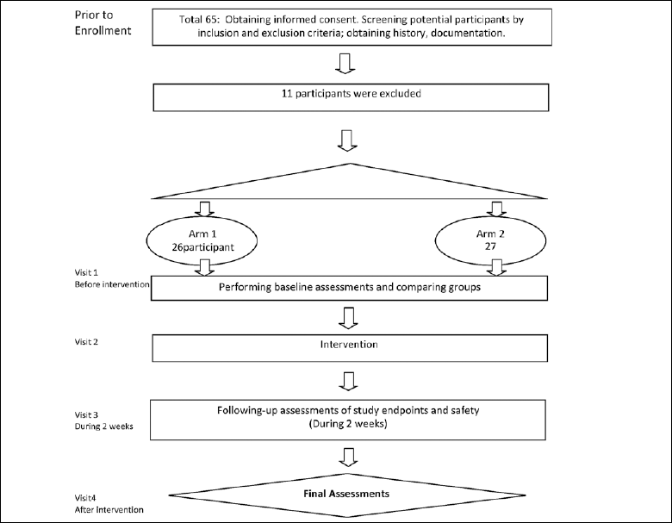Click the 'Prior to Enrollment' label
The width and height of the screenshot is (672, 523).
coord(103,22)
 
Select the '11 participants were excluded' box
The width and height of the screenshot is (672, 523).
coord(351,97)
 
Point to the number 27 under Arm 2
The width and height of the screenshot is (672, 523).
coord(490,246)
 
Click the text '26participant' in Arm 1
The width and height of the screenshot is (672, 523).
coord(203,247)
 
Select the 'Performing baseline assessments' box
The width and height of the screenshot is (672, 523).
coord(349,288)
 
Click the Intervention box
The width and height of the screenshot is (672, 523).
coord(350,348)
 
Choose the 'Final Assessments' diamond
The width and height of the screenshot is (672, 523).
coord(347,495)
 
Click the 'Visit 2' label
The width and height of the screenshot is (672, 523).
coord(86,342)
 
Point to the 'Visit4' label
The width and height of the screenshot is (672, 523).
coord(85,498)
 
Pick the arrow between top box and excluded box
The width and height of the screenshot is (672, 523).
coord(345,64)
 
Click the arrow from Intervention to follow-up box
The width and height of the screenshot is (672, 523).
coord(348,381)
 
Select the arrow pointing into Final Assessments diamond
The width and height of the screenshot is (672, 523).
coord(348,458)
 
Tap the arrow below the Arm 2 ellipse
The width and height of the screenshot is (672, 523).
coord(497,267)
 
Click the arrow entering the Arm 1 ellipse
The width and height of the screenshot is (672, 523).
coord(204,209)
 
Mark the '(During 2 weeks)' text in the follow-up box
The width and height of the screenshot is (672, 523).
coord(348,424)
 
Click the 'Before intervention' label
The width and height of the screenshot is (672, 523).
coord(112,284)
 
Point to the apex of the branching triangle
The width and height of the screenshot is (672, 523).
coord(351,164)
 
